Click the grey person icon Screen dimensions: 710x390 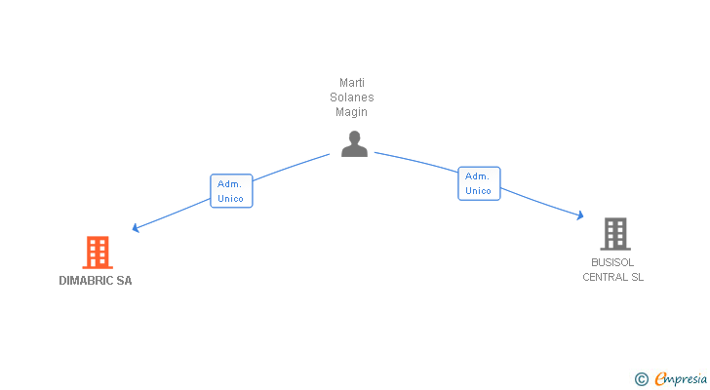[354, 144]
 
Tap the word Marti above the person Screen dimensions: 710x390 [352, 83]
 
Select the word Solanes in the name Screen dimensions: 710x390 [352, 97]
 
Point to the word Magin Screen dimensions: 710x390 [352, 112]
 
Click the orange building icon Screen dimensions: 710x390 [97, 253]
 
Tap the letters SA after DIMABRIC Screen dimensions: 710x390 [124, 281]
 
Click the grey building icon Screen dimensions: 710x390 [614, 234]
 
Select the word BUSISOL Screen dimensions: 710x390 [613, 262]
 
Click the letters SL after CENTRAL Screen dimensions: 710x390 [637, 277]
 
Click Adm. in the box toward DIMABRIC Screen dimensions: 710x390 [230, 183]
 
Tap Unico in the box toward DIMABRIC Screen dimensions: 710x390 [231, 199]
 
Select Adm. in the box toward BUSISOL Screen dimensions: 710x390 [478, 176]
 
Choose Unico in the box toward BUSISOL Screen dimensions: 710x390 [479, 191]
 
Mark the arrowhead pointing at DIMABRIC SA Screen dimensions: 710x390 [136, 229]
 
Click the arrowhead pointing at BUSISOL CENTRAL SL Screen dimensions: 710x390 [579, 215]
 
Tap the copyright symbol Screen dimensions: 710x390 [641, 379]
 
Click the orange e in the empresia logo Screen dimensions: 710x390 [661, 379]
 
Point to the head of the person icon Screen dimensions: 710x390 [354, 136]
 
